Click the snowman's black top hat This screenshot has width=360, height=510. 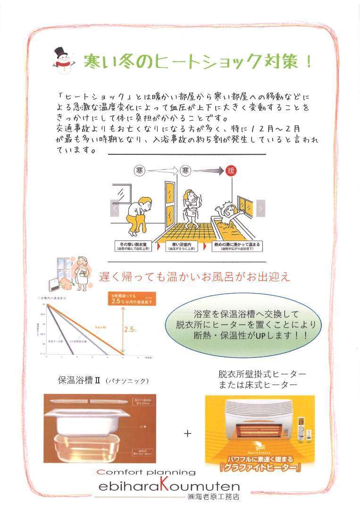point(59,51)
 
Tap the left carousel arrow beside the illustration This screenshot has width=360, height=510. point(114,207)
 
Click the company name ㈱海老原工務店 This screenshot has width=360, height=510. point(214,497)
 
